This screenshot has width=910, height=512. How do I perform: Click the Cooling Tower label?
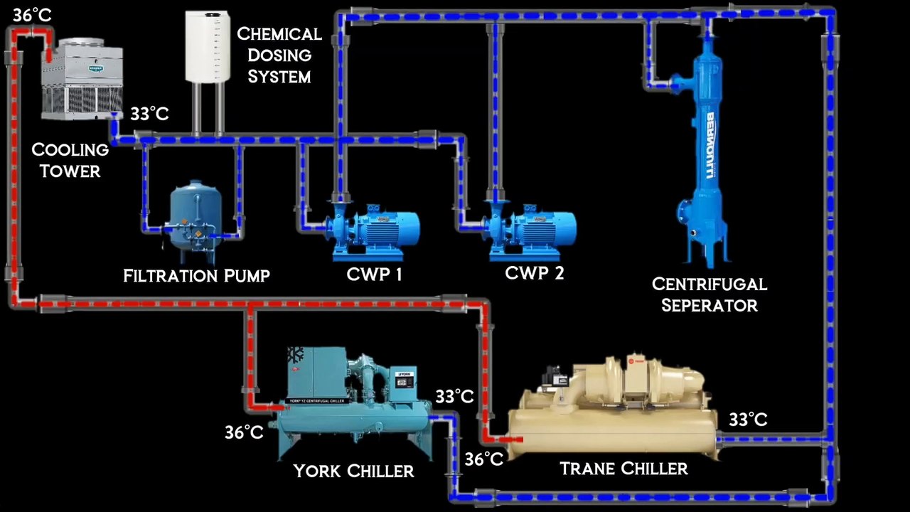click(x=70, y=161)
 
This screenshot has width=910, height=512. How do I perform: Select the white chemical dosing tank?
click(x=208, y=46)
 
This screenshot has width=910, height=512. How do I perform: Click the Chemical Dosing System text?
click(x=279, y=55)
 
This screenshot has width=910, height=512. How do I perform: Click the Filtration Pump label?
click(x=196, y=276)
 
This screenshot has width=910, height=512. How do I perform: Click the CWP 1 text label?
click(x=375, y=274)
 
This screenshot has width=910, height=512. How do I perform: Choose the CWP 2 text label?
click(x=534, y=272)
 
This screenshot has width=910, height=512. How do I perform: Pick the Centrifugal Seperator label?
click(x=710, y=294)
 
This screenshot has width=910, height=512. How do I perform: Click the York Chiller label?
click(x=353, y=471)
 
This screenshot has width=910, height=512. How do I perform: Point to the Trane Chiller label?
click(x=623, y=469)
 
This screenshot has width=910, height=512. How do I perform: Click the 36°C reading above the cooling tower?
click(x=32, y=16)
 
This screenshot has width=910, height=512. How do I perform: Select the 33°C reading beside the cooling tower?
click(x=149, y=114)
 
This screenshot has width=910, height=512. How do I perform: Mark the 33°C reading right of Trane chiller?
click(x=748, y=420)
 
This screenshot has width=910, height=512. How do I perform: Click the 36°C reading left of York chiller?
click(x=244, y=432)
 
